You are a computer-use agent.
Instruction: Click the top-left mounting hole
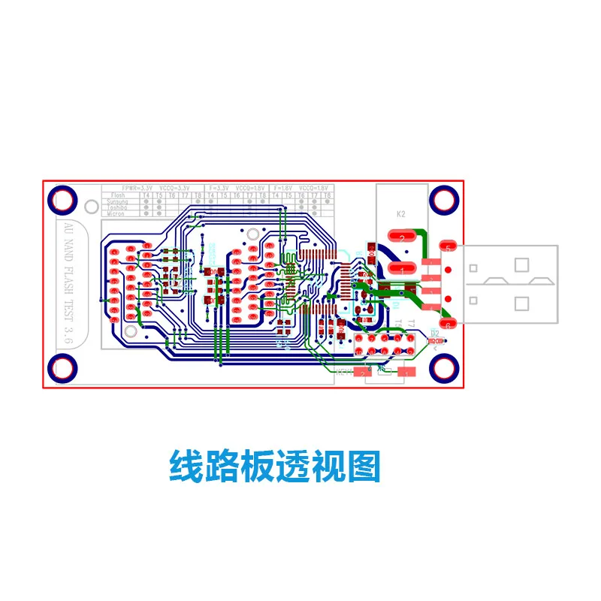(x=63, y=199)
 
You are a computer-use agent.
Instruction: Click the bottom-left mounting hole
(x=63, y=367)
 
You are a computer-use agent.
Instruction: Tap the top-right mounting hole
(x=444, y=199)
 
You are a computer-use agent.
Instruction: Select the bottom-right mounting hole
(x=444, y=367)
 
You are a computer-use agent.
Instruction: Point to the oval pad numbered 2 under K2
(x=402, y=237)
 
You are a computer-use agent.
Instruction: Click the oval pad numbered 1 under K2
(x=402, y=269)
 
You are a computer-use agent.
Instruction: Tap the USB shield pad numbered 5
(x=448, y=246)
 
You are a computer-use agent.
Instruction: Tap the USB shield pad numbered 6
(x=448, y=324)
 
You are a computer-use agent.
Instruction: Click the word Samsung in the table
(x=117, y=201)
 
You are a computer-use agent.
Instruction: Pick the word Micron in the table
(x=116, y=213)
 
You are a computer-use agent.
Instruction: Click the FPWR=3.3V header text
(x=137, y=187)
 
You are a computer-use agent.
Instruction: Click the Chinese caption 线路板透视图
(x=274, y=466)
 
